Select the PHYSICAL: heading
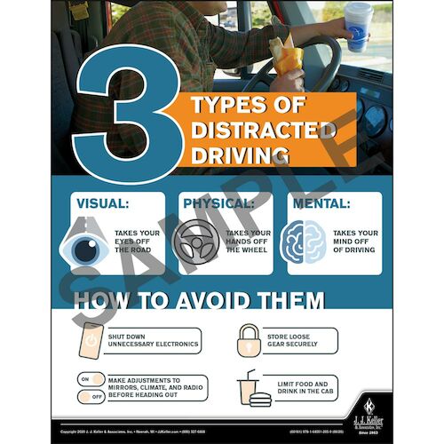pyautogui.click(x=218, y=202)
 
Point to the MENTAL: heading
pyautogui.click(x=321, y=202)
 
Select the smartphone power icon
pyautogui.click(x=92, y=341)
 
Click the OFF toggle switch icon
pyautogui.click(x=92, y=397)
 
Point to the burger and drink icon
pyautogui.click(x=250, y=388)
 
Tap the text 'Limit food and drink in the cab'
pyautogui.click(x=299, y=387)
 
